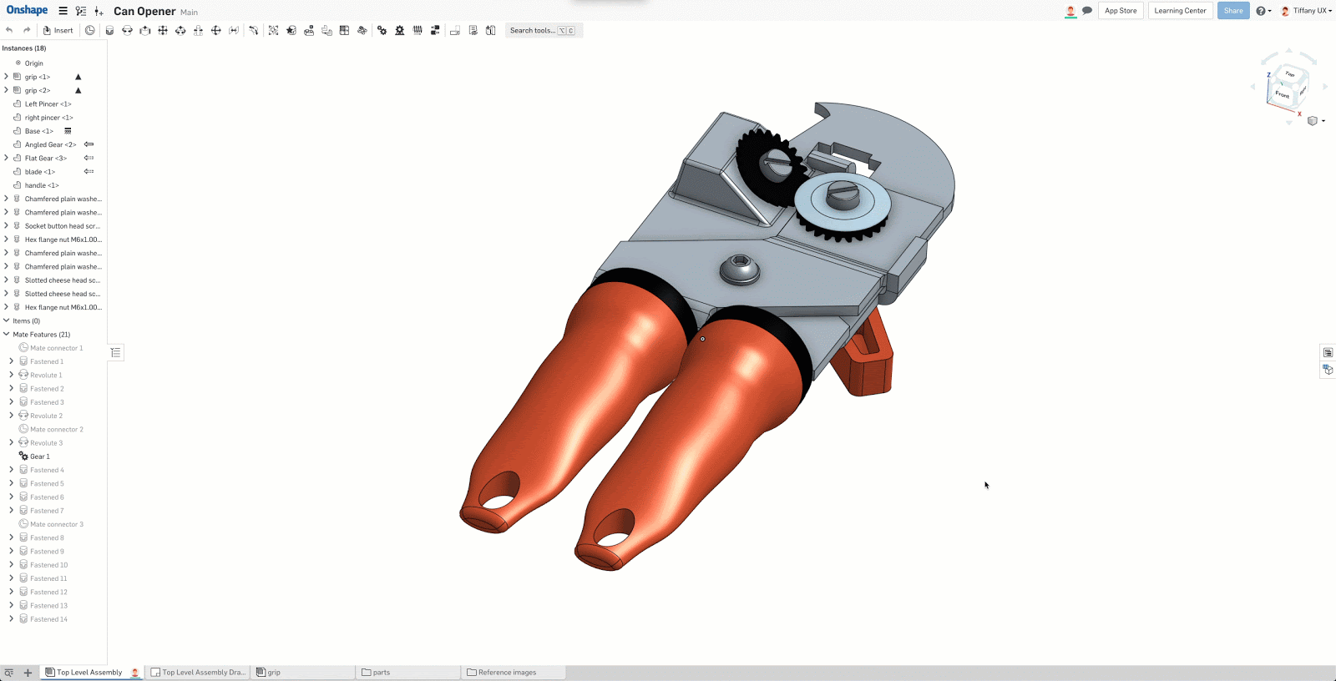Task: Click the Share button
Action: coord(1232,11)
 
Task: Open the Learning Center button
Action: coord(1180,11)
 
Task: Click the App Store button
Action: coord(1121,11)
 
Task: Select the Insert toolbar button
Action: coord(58,30)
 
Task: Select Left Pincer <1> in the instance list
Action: coord(48,104)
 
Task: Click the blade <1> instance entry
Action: coord(39,172)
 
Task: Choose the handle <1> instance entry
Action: coord(42,185)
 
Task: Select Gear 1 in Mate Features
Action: coord(39,457)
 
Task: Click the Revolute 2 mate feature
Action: coord(46,416)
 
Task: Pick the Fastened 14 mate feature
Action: coord(48,619)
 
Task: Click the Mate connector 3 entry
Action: coord(56,524)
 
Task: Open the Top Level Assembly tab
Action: coord(89,673)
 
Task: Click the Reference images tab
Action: coord(507,673)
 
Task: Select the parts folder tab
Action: coord(381,673)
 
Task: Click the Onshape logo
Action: coord(27,10)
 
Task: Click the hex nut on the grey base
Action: coord(740,267)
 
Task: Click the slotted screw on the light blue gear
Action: coord(842,196)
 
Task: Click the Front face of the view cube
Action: coord(1282,94)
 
